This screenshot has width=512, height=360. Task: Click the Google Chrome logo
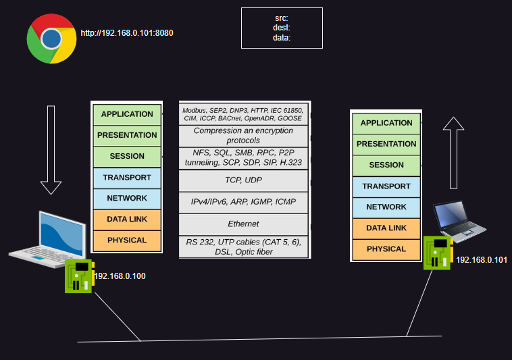[x=51, y=39]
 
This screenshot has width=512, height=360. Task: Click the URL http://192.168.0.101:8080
[x=122, y=32]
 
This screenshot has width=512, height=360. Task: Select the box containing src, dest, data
[x=282, y=28]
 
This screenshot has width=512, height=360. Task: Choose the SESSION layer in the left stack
[x=127, y=156]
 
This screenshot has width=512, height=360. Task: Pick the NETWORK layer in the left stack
[x=127, y=198]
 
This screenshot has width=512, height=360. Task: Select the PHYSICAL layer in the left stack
[x=127, y=240]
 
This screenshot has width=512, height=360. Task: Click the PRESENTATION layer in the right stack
[x=386, y=144]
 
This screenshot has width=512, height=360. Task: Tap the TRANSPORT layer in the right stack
[x=386, y=186]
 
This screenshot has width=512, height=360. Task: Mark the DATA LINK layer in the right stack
[x=386, y=228]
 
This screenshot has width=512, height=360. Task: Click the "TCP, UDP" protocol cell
[x=244, y=180]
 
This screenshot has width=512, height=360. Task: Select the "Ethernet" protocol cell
[x=244, y=224]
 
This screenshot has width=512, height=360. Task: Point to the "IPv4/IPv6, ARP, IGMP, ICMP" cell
[x=244, y=202]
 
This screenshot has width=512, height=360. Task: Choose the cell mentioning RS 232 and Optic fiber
[x=244, y=247]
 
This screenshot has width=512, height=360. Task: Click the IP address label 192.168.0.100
[x=120, y=276]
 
